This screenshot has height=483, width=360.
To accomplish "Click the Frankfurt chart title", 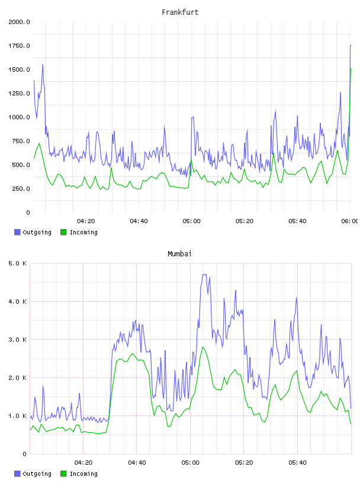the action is pos(180,12).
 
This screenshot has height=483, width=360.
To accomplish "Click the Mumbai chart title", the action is pos(179,253).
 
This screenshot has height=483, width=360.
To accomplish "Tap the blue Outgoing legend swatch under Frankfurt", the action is pos(17,232).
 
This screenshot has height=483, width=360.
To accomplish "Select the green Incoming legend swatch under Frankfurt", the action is pos(63,232).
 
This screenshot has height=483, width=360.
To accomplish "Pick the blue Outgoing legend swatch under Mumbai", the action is pos(17,474).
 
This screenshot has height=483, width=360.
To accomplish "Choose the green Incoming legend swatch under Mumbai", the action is pos(63,474).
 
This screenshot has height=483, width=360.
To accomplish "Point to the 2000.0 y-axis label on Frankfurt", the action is pos(19,22).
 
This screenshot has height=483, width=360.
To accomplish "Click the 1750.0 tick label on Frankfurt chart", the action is pos(19,46).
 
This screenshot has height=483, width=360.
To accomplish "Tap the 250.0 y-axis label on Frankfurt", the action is pos(21,188).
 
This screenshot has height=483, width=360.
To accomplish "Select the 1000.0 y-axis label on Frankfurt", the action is pos(19,117).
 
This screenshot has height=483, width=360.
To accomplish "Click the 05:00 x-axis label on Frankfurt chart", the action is pos(191,221).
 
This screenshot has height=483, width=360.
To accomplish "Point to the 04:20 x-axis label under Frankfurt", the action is pos(86,221).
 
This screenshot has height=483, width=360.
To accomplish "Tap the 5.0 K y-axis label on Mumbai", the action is pos(17,263).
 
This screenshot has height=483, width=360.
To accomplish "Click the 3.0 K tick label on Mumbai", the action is pos(17,340).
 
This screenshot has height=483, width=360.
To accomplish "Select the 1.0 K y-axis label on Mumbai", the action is pos(17,416).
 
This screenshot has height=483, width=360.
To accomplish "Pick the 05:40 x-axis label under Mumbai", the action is pos(297,463).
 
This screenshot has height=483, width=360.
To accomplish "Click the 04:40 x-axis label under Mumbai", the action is pos(137,463).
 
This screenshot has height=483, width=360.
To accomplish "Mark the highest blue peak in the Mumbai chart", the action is pos(204,274).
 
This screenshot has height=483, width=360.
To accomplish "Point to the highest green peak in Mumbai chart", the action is pos(203,347).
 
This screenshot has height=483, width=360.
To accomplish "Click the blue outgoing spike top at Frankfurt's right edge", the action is pos(351,45).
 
